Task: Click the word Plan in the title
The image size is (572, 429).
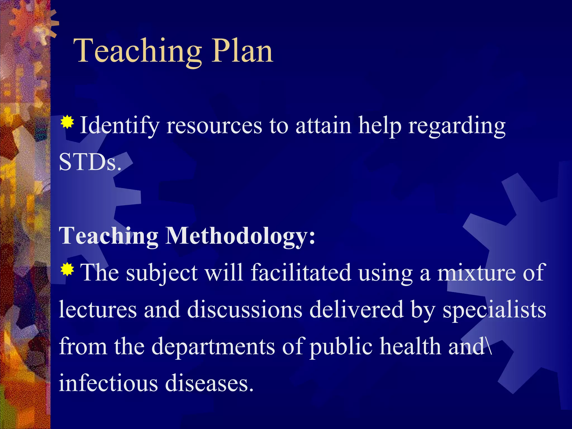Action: coord(242,51)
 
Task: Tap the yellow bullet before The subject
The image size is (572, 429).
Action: coord(67,269)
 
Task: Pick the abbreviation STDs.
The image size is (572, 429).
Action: coord(90,163)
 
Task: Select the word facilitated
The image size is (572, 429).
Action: coord(301,273)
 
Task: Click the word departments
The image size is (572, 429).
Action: coord(213,346)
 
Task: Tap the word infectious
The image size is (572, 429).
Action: coord(108,383)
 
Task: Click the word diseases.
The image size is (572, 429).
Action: coord(209,383)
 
